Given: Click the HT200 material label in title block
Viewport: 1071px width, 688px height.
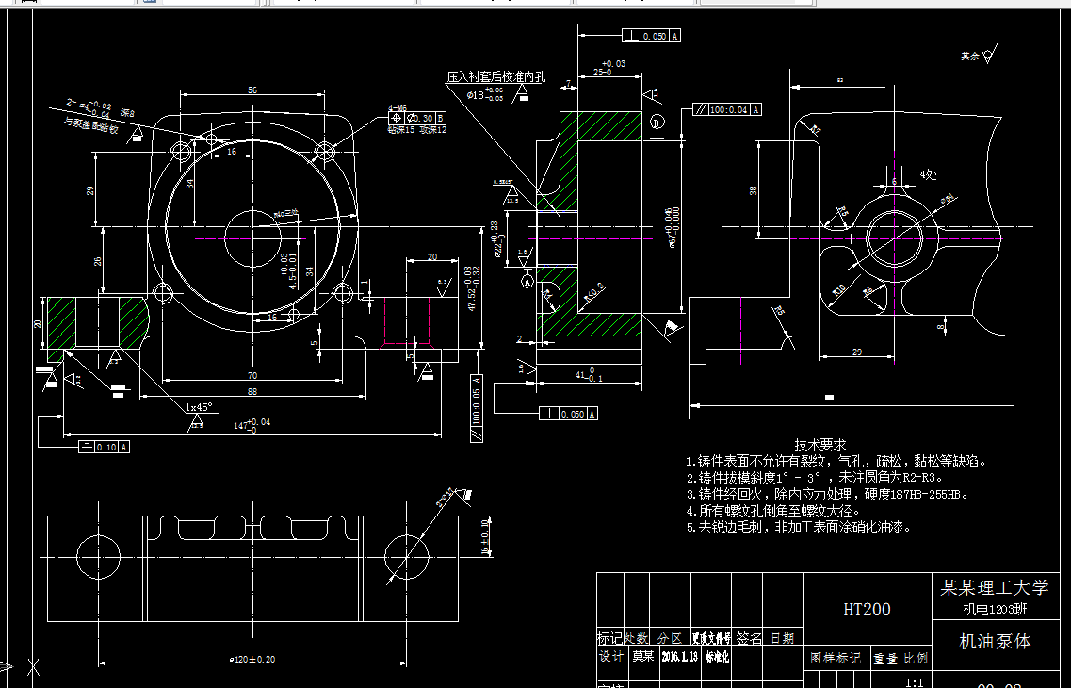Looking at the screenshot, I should [866, 610].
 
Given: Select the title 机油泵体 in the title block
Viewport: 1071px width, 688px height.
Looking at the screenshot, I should [995, 642].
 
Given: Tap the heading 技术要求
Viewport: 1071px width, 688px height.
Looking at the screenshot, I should [820, 444].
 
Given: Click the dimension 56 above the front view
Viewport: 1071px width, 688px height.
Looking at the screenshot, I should [252, 90].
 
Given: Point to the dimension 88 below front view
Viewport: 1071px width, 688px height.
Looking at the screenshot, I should [252, 391].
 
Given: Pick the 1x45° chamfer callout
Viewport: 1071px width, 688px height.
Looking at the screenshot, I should [199, 407].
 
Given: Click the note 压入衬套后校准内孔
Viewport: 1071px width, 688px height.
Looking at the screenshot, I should [495, 76].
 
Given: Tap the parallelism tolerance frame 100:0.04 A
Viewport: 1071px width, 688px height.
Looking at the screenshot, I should [726, 109].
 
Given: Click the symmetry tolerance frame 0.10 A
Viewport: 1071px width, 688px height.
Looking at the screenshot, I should [105, 447].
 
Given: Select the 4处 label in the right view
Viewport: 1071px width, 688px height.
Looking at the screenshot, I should [928, 174].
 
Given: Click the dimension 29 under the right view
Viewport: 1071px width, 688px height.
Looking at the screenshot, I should [856, 352].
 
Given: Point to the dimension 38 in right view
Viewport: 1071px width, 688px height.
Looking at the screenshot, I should [753, 189].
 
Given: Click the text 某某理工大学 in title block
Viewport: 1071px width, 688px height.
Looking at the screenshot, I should [994, 587].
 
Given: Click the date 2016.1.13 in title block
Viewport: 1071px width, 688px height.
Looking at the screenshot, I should [679, 657].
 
